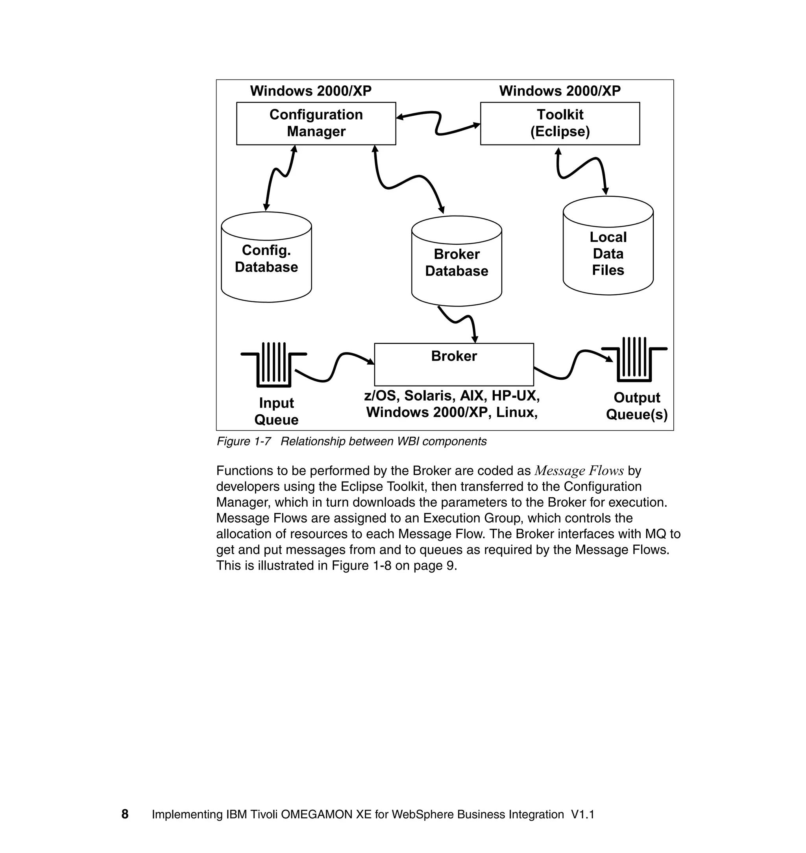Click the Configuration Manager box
click(316, 123)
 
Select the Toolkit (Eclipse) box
click(559, 123)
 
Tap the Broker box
click(454, 364)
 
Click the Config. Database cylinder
click(266, 258)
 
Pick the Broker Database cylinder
click(456, 262)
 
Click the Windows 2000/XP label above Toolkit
click(559, 91)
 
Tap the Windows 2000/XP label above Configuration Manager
click(311, 91)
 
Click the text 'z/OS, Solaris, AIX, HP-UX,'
click(451, 395)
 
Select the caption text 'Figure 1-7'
click(244, 441)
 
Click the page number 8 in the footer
click(125, 814)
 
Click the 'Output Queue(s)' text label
click(636, 406)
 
